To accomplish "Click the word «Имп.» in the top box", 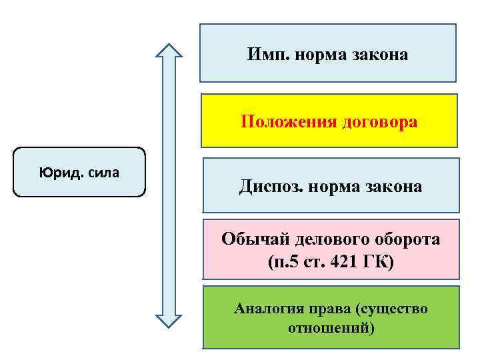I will (267, 55).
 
